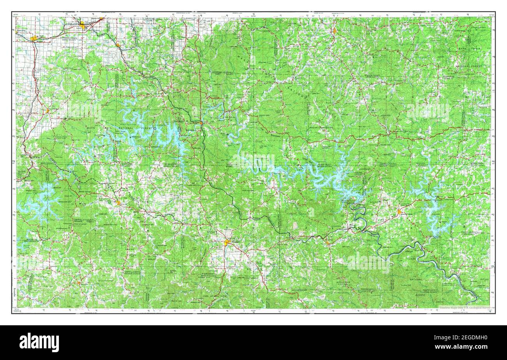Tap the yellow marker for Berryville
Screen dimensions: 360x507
(118, 202)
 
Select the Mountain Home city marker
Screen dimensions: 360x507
(399, 212)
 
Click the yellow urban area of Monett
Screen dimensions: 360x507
(34, 38)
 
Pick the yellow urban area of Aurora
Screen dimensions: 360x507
(83, 26)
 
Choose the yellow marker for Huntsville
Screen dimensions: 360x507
(79, 283)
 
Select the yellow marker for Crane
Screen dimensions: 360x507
(118, 45)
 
